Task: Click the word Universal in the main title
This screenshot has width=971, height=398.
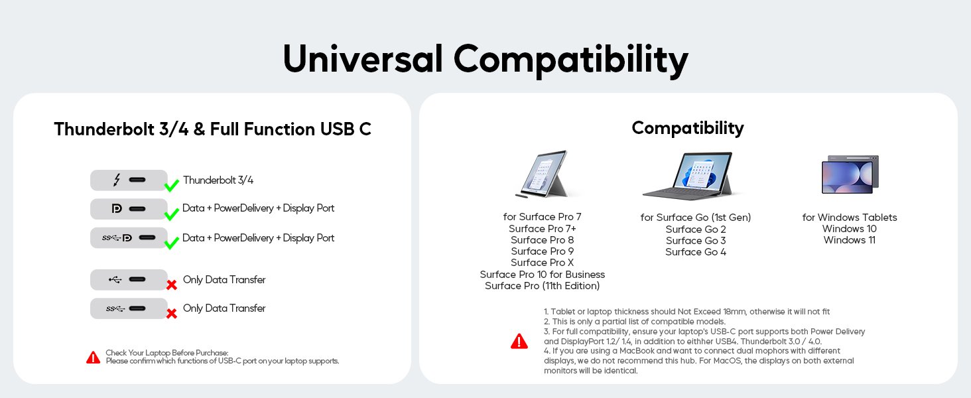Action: (363, 58)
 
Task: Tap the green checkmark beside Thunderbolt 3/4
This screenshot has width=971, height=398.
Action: (172, 185)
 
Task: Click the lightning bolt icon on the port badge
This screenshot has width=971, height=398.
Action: (117, 180)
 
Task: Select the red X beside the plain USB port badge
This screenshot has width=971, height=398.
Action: (172, 285)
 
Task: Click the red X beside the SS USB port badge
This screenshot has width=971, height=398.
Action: (172, 314)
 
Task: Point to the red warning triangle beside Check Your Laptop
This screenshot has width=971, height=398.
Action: (94, 358)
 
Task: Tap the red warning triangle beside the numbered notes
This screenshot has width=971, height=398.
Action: (519, 341)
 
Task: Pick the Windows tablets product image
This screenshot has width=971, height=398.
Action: (850, 174)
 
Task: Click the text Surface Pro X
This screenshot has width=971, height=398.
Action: (543, 263)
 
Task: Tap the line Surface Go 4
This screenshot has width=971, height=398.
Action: (696, 252)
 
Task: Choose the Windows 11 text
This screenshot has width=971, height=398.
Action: (850, 240)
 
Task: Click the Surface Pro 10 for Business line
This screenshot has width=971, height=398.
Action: (543, 275)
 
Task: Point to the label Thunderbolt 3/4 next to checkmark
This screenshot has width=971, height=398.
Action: (218, 180)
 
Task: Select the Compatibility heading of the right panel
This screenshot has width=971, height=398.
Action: (688, 128)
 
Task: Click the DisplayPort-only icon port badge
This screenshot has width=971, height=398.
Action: (129, 209)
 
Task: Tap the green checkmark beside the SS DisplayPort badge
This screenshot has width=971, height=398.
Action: (172, 243)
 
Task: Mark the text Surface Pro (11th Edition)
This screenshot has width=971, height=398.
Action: (543, 286)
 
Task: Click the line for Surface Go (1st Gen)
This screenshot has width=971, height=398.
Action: (696, 218)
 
